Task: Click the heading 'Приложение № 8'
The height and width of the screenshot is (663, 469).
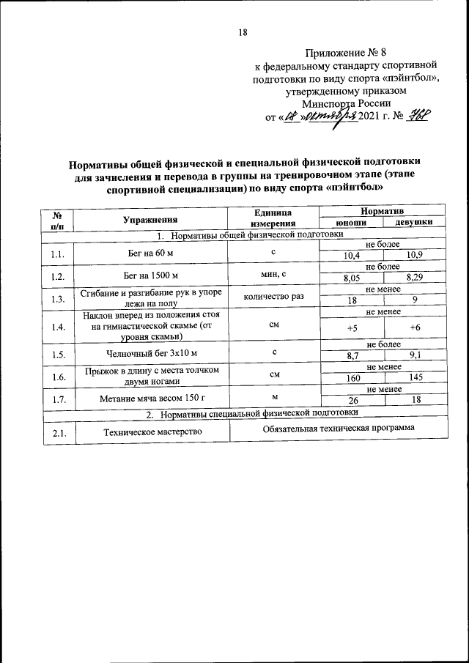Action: pyautogui.click(x=343, y=53)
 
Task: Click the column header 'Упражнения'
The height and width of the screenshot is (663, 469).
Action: pyautogui.click(x=152, y=219)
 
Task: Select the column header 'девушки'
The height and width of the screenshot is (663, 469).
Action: pyautogui.click(x=412, y=223)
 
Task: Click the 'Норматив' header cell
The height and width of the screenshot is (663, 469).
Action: pyautogui.click(x=383, y=211)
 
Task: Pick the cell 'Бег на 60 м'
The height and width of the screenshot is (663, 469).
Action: pyautogui.click(x=152, y=253)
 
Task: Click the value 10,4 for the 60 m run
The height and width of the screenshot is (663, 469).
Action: pyautogui.click(x=352, y=255)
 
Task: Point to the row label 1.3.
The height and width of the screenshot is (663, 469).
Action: pyautogui.click(x=59, y=299)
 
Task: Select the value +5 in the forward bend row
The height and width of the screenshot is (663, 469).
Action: pyautogui.click(x=352, y=329)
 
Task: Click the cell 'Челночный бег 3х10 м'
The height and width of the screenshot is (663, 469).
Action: pyautogui.click(x=152, y=353)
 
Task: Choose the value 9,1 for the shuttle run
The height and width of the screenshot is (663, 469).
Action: pyautogui.click(x=415, y=355)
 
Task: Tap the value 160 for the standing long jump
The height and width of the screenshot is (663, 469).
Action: pyautogui.click(x=352, y=379)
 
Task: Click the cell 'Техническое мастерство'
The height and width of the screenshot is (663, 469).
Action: pyautogui.click(x=152, y=433)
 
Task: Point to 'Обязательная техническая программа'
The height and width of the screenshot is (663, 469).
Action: pyautogui.click(x=339, y=428)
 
